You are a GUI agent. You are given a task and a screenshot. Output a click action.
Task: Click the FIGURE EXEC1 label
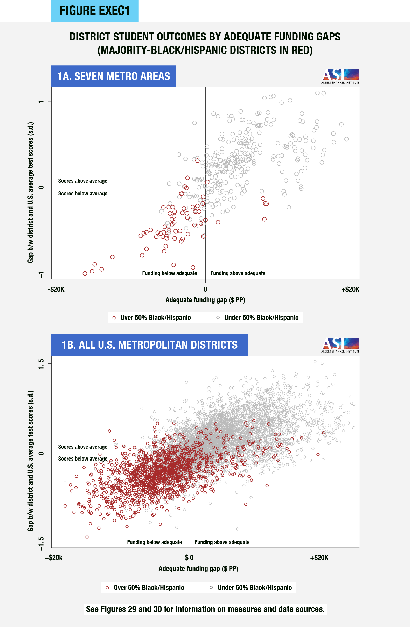click(x=95, y=11)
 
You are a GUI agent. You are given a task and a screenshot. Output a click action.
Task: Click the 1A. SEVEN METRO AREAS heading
click(x=114, y=76)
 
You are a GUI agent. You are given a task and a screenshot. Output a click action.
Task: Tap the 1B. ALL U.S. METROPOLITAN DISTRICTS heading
click(x=149, y=345)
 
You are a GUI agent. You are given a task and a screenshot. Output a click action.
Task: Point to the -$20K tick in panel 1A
click(x=56, y=289)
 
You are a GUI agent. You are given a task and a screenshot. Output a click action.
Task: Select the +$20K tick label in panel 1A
click(x=350, y=289)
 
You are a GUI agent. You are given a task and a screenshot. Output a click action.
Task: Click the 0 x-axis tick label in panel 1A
click(x=205, y=289)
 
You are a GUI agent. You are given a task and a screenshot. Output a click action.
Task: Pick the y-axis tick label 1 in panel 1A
click(x=41, y=101)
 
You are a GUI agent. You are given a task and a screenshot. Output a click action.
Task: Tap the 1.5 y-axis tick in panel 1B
click(x=41, y=364)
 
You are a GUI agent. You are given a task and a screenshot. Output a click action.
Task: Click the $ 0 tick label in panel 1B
click(x=189, y=558)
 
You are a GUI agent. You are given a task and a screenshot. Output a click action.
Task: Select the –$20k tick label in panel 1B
click(x=54, y=558)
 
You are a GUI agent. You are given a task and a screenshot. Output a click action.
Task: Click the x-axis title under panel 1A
click(x=205, y=300)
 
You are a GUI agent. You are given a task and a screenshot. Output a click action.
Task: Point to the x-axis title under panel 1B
click(x=198, y=568)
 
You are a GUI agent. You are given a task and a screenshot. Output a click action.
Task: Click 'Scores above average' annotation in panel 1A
click(x=83, y=181)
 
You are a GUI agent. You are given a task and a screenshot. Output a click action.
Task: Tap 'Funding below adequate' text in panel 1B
click(x=154, y=542)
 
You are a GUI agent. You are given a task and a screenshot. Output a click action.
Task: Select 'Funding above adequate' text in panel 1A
click(x=238, y=273)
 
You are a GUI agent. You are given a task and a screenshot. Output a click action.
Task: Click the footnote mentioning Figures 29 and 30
click(x=205, y=609)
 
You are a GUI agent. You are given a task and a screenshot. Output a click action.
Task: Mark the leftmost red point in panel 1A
click(x=85, y=273)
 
